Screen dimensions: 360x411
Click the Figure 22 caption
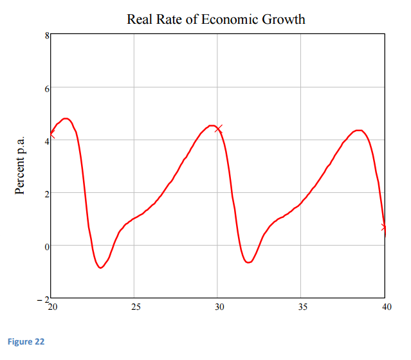point(26,341)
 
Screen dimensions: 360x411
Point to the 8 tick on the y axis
point(46,36)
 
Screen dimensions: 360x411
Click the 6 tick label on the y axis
point(46,89)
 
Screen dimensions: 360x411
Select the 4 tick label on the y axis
point(46,141)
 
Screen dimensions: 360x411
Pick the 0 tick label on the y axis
point(46,246)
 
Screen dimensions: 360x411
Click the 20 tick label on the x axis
point(51,307)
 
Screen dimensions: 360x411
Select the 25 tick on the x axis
point(135,307)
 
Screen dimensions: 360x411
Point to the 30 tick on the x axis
point(219,307)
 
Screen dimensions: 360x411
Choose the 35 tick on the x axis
point(302,307)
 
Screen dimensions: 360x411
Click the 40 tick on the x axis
point(385,307)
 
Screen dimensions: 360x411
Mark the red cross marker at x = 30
point(219,129)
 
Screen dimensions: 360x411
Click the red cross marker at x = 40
point(384,227)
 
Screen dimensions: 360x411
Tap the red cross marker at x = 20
point(51,135)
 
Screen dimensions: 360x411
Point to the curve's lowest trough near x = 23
point(100,267)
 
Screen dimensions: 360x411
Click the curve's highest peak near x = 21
point(66,118)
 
